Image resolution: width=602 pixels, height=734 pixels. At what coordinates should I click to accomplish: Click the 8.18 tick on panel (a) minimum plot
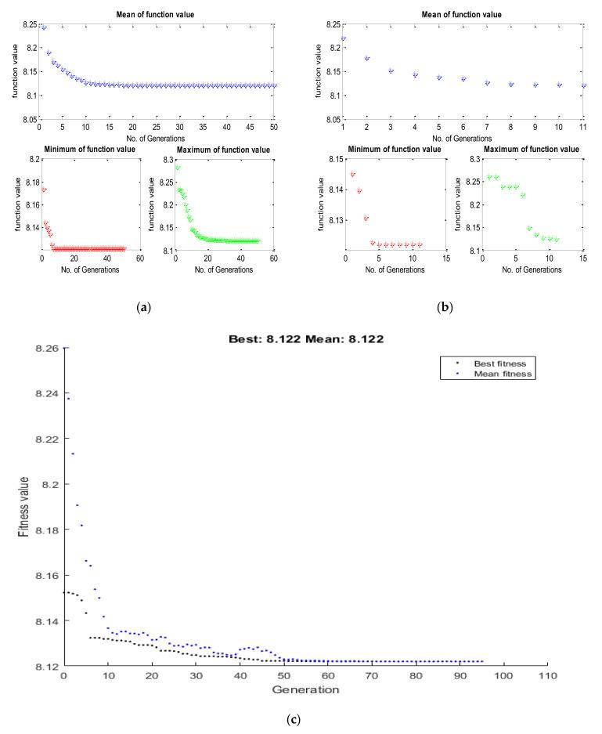[28, 182]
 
